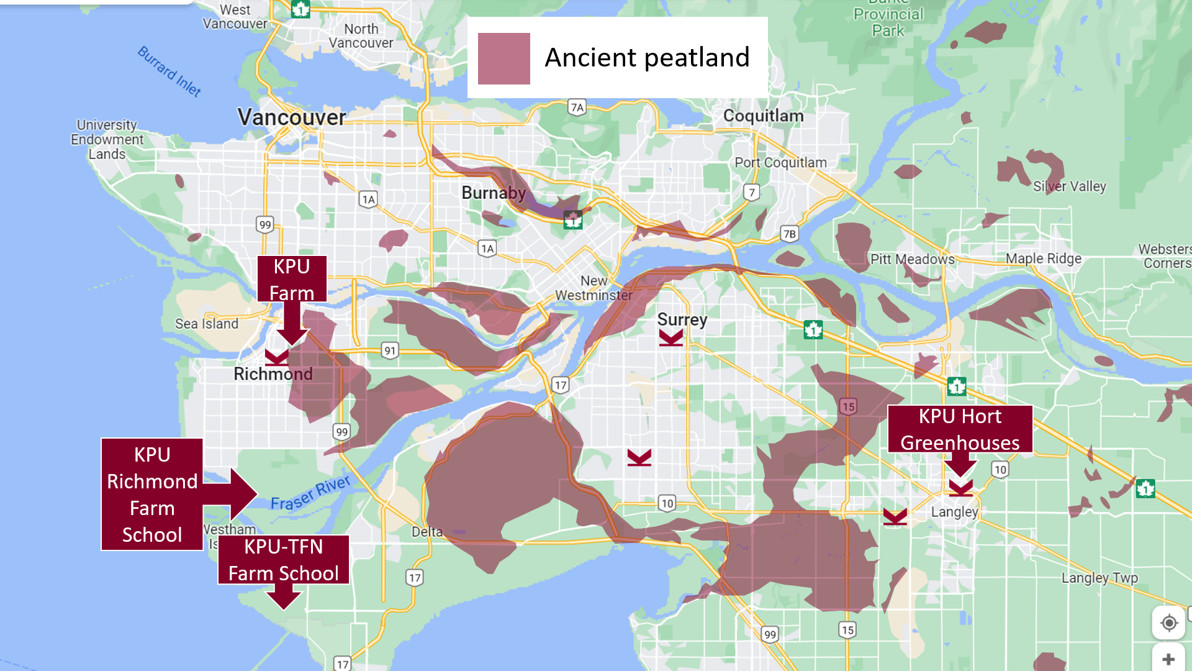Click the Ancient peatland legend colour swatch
point(503,58)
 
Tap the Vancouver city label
point(291,117)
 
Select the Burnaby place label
point(494,193)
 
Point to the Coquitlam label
point(763,116)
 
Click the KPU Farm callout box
point(292,279)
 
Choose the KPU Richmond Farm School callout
point(152,495)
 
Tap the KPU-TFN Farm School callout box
point(284,560)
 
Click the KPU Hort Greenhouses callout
point(960,429)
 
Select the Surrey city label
point(682,319)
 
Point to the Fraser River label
point(310,493)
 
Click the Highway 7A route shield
point(577,107)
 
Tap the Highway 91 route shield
point(389,350)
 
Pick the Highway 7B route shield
point(789,234)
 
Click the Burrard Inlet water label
point(169,71)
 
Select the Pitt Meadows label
point(912,259)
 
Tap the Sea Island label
point(207,324)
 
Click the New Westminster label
point(594,288)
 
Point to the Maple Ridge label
point(1043,258)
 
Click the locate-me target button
point(1168,623)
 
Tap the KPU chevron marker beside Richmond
point(277,357)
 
